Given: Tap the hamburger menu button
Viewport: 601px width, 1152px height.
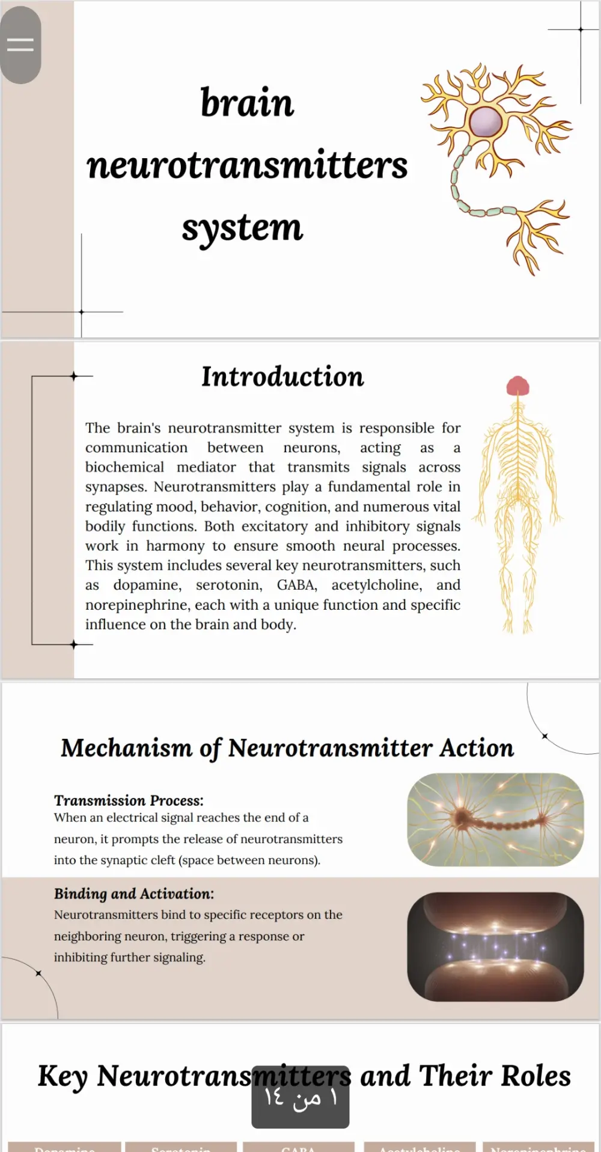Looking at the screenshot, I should point(20,44).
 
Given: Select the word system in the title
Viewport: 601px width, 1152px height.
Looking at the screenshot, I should point(242,228).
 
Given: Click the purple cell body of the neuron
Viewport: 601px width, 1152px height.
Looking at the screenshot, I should point(485,122).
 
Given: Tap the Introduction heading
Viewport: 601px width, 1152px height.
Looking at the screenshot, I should point(282,377).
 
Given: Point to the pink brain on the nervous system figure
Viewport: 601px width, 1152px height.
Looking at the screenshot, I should point(517,385).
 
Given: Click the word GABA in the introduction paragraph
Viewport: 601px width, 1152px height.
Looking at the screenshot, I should point(296,585).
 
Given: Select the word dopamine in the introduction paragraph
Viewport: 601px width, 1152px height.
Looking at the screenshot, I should point(147,585).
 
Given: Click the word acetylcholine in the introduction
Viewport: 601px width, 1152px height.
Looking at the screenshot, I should point(376,585).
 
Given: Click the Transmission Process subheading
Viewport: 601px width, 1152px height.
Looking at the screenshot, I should point(129,800).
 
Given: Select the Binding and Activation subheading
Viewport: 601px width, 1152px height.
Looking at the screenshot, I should point(133,893).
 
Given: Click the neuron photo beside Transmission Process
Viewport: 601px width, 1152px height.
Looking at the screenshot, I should point(495,820).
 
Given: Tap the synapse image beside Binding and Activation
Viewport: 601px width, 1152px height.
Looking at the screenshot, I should point(495,946).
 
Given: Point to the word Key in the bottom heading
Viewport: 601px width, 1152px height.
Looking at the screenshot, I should point(62,1076).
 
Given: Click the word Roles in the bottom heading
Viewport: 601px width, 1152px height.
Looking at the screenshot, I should point(535,1076).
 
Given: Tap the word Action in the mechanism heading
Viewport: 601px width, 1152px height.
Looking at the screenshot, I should point(477,749).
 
